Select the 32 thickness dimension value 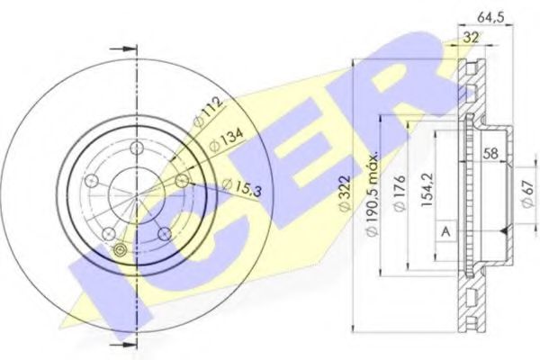point(470,38)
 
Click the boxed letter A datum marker point(445,232)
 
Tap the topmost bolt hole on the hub point(137,149)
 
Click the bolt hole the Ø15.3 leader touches point(182,182)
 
